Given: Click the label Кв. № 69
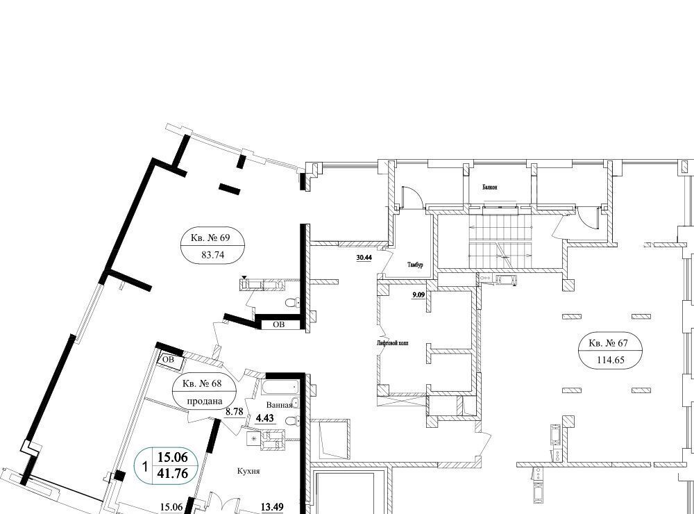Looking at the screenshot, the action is [211, 238].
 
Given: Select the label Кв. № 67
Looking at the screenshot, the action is [609, 342].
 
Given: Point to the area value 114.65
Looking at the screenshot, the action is [611, 360].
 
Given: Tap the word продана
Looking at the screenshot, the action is [205, 401].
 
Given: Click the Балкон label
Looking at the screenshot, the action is [489, 188].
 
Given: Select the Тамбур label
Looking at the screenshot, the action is [415, 265].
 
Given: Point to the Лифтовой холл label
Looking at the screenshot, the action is [392, 343].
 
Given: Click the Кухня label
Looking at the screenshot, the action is [248, 471].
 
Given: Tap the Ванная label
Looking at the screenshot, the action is [279, 405].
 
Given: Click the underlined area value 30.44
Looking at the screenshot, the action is [364, 258].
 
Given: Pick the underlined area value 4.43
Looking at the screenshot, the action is [265, 418].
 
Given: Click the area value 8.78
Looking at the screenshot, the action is [235, 412].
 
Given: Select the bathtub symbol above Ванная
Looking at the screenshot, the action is [280, 388].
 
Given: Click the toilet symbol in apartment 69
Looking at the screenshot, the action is [291, 303].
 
